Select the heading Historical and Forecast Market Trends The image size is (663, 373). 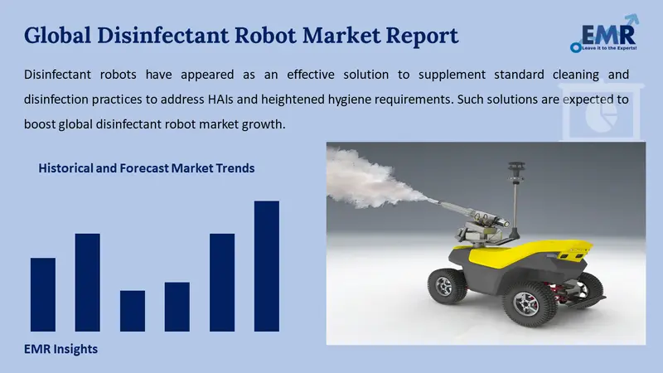pyautogui.click(x=146, y=168)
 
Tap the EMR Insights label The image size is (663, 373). pyautogui.click(x=60, y=349)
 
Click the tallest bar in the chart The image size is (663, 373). pyautogui.click(x=266, y=265)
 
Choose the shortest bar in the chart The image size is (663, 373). pyautogui.click(x=132, y=311)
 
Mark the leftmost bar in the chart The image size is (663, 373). pyautogui.click(x=42, y=294)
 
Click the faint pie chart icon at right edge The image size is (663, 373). pyautogui.click(x=600, y=121)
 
